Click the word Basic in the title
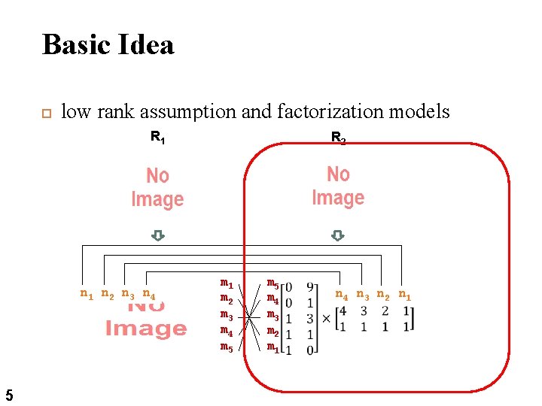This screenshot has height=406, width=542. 73,44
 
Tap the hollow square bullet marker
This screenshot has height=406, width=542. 44,114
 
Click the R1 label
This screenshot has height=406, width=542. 157,137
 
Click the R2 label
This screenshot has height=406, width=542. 339,138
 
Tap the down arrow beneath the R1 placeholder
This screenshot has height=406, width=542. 157,235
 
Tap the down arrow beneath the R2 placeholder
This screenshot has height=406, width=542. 338,235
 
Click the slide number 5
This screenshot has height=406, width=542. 8,394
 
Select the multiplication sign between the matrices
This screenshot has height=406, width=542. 326,318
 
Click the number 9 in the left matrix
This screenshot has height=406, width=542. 310,286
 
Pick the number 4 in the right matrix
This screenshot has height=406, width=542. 343,311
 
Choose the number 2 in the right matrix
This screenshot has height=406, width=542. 385,311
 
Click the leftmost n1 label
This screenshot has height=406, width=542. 87,294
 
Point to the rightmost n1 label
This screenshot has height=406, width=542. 404,294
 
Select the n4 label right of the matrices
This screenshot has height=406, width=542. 342,294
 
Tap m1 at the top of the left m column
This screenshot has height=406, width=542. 226,283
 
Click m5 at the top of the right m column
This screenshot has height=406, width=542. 273,283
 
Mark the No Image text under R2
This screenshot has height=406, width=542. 338,186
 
